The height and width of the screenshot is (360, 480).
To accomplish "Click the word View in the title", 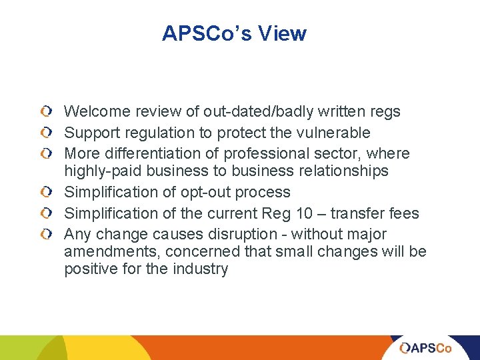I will (283, 33).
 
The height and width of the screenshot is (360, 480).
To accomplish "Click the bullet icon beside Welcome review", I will (44, 111).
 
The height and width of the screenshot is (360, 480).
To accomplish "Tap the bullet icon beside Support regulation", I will (44, 133).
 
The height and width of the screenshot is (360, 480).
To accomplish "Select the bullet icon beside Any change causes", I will (44, 235).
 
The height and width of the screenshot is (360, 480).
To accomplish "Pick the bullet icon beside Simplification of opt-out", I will (44, 193).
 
